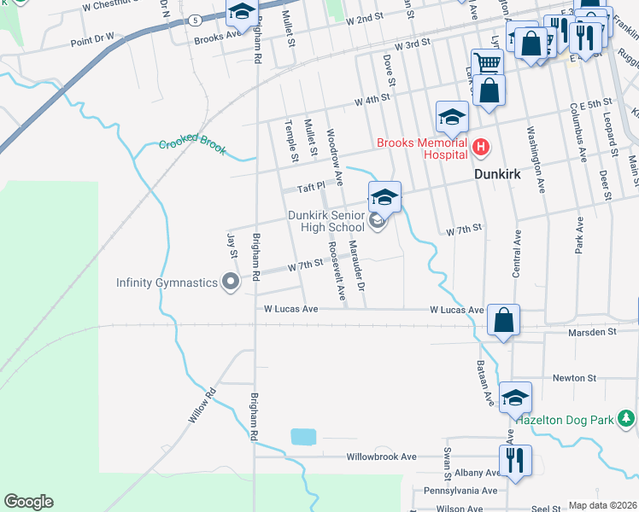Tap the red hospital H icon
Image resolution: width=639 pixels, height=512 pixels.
click(x=481, y=148)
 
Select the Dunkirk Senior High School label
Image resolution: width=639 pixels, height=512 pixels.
click(x=325, y=222)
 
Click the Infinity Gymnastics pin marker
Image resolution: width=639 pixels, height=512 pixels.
click(x=230, y=282)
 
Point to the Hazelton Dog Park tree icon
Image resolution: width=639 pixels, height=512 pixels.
click(x=627, y=418)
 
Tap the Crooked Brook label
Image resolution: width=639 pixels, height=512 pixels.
click(x=193, y=146)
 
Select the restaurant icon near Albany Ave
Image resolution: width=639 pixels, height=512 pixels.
click(x=514, y=461)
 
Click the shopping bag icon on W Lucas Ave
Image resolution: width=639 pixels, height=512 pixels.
click(x=504, y=322)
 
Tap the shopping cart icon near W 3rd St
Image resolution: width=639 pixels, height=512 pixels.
click(x=487, y=62)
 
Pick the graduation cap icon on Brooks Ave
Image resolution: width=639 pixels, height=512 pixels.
click(x=242, y=12)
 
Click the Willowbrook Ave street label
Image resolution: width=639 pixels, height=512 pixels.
click(x=381, y=457)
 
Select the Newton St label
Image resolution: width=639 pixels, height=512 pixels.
click(x=574, y=377)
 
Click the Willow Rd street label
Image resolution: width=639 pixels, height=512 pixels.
click(x=201, y=407)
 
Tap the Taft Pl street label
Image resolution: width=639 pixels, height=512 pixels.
click(x=311, y=187)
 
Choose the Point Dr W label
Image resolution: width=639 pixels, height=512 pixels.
click(x=92, y=38)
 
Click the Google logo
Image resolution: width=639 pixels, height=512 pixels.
click(x=28, y=502)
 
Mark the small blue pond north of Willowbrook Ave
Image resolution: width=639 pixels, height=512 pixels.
click(x=303, y=437)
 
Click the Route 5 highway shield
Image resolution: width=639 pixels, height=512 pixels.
click(x=196, y=19)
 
